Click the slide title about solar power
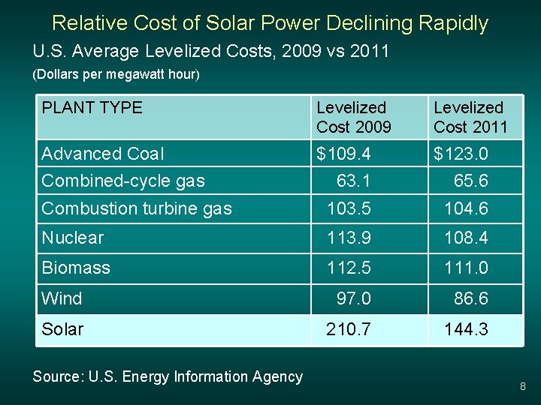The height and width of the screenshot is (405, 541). pos(270,23)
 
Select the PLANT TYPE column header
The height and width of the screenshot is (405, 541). pos(92,108)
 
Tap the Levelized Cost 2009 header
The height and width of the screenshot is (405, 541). pos(354,118)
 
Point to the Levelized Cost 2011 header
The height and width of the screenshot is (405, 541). pos(471,118)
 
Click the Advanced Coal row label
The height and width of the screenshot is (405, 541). pos(103,154)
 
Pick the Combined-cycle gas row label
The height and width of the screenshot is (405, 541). pos(123,181)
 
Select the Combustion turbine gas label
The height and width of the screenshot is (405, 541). pos(137,208)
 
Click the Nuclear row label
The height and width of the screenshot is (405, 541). pos(73,238)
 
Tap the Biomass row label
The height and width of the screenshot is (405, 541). pos(76,268)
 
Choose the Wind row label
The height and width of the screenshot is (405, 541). pos(62,298)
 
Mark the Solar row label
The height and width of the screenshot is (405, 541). pos(62,329)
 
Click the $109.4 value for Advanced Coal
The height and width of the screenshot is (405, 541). pos(344,154)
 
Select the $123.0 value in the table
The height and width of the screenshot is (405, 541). pos(461,154)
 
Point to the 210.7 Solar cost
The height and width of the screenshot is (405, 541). pos(348,329)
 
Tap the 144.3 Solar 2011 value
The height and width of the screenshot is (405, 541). pos(466,329)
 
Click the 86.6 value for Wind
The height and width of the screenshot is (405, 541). pos(470,298)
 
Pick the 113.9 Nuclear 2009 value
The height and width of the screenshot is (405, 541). pos(349,238)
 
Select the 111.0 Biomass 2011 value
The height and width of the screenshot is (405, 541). pos(466,268)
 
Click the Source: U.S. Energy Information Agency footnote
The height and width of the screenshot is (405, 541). pos(168,377)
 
